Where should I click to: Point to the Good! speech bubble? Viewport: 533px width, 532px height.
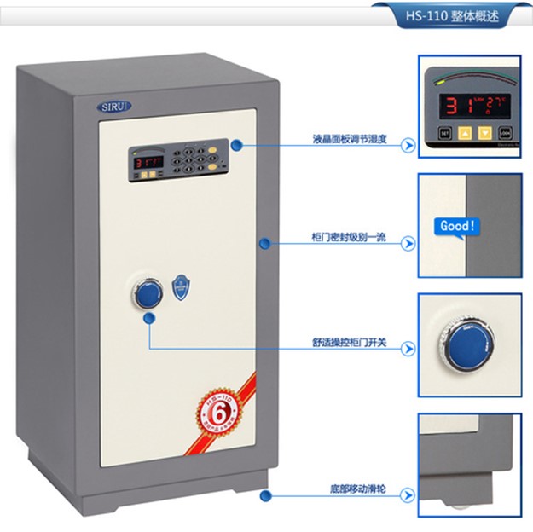(455, 227)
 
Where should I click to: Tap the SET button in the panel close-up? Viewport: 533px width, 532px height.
(444, 134)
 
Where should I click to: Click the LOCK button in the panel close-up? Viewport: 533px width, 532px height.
(506, 134)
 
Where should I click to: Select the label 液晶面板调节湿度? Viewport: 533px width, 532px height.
(350, 138)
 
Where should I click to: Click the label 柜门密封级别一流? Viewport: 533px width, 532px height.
(350, 238)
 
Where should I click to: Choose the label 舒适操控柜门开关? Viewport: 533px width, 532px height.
(350, 343)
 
